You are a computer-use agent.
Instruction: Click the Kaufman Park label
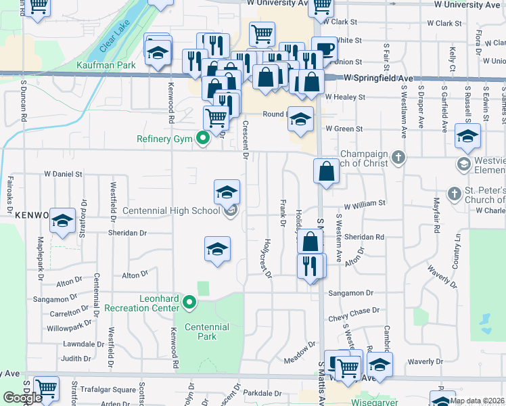pos(106,65)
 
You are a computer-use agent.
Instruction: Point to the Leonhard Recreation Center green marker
pos(189,302)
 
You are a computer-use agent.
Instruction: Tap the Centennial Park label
pos(206,332)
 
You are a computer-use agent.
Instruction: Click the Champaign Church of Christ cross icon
pos(399,158)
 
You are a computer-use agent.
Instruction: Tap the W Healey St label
pos(345,97)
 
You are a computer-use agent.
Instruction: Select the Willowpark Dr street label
pos(69,328)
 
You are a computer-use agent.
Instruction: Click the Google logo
pos(22,398)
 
